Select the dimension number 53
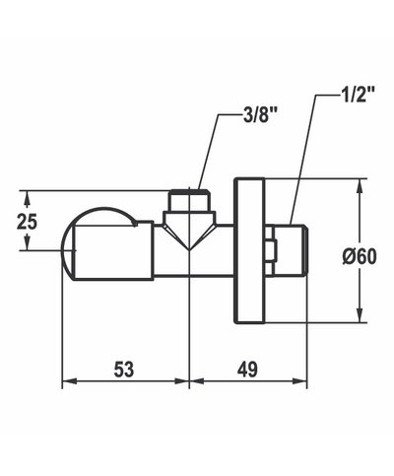[x=124, y=370]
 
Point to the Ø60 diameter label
[x=361, y=255]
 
